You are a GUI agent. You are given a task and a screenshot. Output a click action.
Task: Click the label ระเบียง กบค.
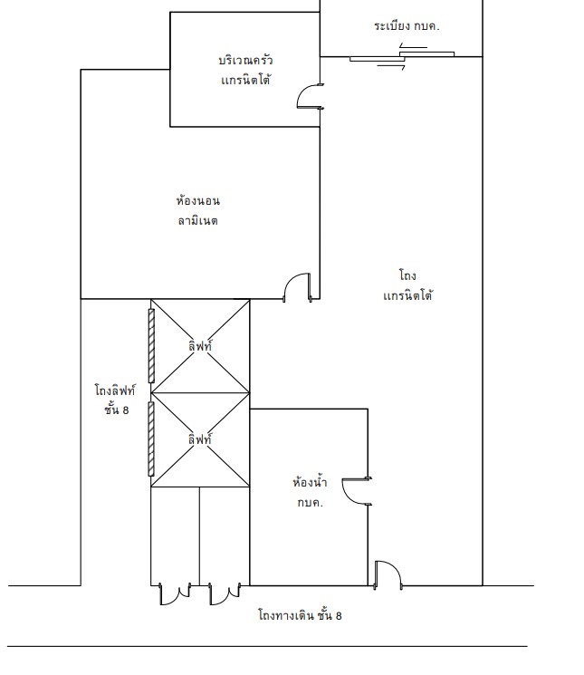pyautogui.click(x=407, y=26)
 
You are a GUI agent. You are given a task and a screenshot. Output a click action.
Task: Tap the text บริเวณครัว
pyautogui.click(x=245, y=60)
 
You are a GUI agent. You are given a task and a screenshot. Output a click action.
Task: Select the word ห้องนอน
pyautogui.click(x=197, y=200)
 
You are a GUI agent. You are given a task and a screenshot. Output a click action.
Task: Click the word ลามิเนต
pyautogui.click(x=197, y=221)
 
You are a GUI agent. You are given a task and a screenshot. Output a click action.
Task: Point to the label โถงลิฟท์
pyautogui.click(x=115, y=391)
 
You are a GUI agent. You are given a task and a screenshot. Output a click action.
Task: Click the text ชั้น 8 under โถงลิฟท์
pyautogui.click(x=117, y=410)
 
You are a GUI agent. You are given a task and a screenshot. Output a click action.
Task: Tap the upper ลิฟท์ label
pyautogui.click(x=200, y=346)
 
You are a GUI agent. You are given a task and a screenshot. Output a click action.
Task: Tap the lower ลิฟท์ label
pyautogui.click(x=200, y=439)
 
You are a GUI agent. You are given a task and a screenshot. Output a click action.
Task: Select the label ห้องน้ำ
pyautogui.click(x=310, y=482)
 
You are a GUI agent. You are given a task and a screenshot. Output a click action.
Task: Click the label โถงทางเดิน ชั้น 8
pyautogui.click(x=300, y=615)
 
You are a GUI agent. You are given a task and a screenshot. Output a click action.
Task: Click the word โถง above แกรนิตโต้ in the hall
pyautogui.click(x=407, y=275)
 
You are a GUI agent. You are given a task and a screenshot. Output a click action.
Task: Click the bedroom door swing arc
pyautogui.click(x=291, y=280)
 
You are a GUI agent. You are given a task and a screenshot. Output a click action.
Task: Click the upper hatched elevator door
pyautogui.click(x=151, y=346)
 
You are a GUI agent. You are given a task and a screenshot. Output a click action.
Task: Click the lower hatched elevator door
pyautogui.click(x=151, y=439)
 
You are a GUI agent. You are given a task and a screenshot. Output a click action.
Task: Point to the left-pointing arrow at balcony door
pyautogui.click(x=413, y=46)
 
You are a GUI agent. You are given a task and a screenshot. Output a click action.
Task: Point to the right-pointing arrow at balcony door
pyautogui.click(x=391, y=66)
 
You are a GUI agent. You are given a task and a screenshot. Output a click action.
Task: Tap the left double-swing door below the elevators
pyautogui.click(x=175, y=595)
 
